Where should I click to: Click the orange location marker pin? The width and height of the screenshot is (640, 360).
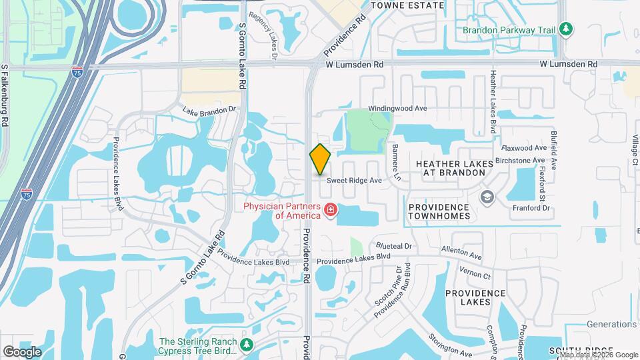pyautogui.click(x=321, y=159)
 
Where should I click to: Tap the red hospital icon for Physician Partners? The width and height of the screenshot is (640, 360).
pyautogui.click(x=329, y=211)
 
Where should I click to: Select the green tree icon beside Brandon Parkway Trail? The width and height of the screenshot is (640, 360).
pyautogui.click(x=566, y=29)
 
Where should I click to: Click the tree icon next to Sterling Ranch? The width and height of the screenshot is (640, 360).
pyautogui.click(x=247, y=345)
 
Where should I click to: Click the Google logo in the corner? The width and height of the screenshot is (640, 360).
pyautogui.click(x=22, y=351)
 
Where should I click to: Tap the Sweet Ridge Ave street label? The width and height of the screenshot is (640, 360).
pyautogui.click(x=353, y=180)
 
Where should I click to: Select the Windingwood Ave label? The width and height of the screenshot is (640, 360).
pyautogui.click(x=398, y=108)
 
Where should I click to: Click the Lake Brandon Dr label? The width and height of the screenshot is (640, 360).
pyautogui.click(x=209, y=111)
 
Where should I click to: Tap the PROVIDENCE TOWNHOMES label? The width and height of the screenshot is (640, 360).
pyautogui.click(x=439, y=211)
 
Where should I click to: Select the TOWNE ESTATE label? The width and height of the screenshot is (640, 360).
pyautogui.click(x=407, y=5)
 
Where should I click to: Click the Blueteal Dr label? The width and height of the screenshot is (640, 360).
pyautogui.click(x=394, y=246)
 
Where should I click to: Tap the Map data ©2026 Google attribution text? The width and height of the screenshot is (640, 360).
pyautogui.click(x=599, y=355)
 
